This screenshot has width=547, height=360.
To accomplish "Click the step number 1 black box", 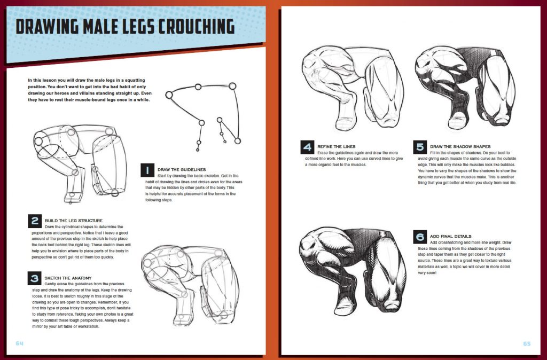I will (x=147, y=170).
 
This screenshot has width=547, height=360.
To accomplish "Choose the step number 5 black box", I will (x=420, y=147).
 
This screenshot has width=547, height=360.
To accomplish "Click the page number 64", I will (x=20, y=343).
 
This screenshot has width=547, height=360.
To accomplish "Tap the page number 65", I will (x=526, y=343).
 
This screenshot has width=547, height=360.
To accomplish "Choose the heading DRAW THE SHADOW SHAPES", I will (x=460, y=146).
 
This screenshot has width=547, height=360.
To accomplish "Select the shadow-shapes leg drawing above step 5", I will (x=465, y=88).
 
